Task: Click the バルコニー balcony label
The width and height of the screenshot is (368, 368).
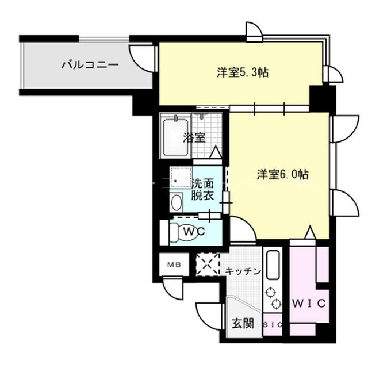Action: [90, 64]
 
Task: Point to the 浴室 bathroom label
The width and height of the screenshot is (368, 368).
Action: [194, 137]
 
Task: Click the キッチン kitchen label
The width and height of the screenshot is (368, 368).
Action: [243, 271]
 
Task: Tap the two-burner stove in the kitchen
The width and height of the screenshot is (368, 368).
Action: [273, 298]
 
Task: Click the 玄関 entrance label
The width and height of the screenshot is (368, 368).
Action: [243, 323]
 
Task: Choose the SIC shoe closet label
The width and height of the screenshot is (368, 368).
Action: [273, 324]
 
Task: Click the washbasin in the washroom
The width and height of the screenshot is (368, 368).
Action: [177, 202]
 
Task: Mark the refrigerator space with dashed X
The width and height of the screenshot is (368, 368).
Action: [208, 265]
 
